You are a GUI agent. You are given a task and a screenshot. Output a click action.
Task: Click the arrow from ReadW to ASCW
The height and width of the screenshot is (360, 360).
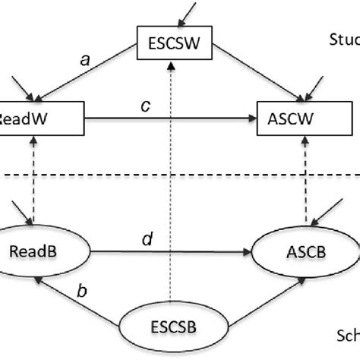click(x=167, y=118)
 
